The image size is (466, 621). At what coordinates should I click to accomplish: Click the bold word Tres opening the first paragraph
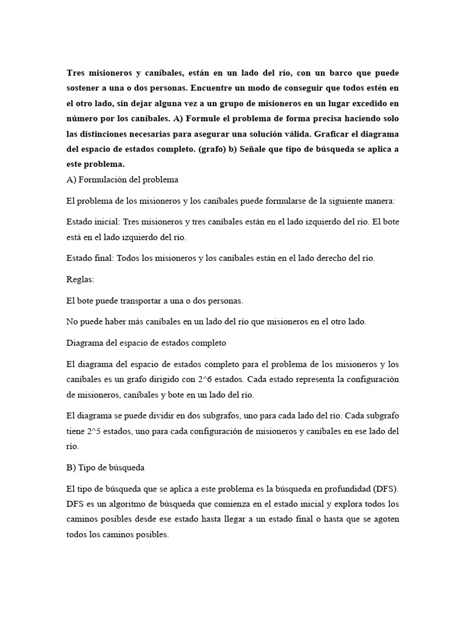(x=75, y=73)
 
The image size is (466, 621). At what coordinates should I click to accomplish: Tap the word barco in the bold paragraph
(x=327, y=73)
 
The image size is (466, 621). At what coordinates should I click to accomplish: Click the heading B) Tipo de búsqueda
(x=105, y=468)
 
